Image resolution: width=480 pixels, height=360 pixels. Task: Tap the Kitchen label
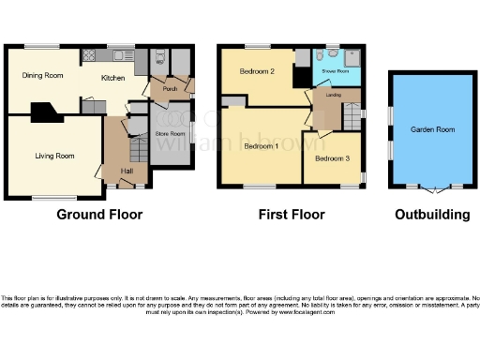113,79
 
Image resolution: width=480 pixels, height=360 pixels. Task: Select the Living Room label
55,156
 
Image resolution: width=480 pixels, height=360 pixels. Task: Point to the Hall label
126,171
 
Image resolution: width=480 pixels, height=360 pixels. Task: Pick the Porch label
171,90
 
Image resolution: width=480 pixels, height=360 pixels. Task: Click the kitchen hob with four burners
91,55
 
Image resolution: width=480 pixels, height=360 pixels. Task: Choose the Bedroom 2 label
256,72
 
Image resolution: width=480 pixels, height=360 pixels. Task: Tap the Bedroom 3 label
332,158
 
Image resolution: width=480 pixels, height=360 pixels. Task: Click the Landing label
333,95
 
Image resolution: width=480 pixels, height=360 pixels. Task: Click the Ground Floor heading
99,215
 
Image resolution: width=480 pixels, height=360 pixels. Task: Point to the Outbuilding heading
431,215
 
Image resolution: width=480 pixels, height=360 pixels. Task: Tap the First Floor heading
292,215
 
